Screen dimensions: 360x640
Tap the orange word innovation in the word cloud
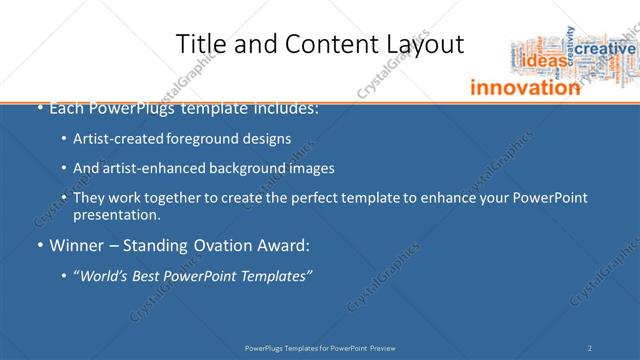[525, 87]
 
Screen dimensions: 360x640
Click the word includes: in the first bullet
[285, 107]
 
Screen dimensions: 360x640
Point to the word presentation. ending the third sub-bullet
[116, 214]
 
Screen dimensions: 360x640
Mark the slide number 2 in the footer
[590, 348]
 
